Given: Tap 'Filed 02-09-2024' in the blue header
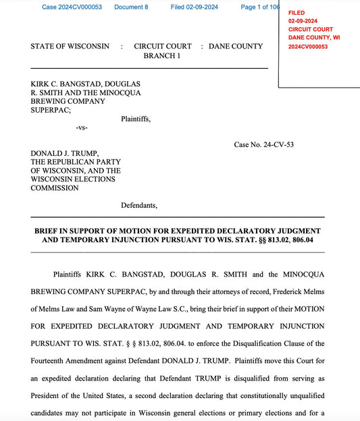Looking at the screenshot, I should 195,7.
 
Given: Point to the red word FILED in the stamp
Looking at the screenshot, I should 297,13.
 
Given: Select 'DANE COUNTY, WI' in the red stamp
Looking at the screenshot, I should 314,38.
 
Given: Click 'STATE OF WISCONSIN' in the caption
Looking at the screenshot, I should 70,47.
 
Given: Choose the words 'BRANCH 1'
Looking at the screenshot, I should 162,56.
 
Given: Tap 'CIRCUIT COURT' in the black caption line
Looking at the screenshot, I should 162,47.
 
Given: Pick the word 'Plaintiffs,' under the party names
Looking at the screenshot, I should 136,119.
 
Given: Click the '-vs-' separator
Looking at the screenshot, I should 82,128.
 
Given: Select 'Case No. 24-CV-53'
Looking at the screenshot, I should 263,144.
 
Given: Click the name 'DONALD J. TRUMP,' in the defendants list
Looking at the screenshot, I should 65,153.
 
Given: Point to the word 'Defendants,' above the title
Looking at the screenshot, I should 139,204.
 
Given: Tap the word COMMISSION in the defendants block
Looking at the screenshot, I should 54,188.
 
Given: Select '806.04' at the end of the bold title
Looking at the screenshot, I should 299,240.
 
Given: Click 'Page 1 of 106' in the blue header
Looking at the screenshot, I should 259,7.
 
